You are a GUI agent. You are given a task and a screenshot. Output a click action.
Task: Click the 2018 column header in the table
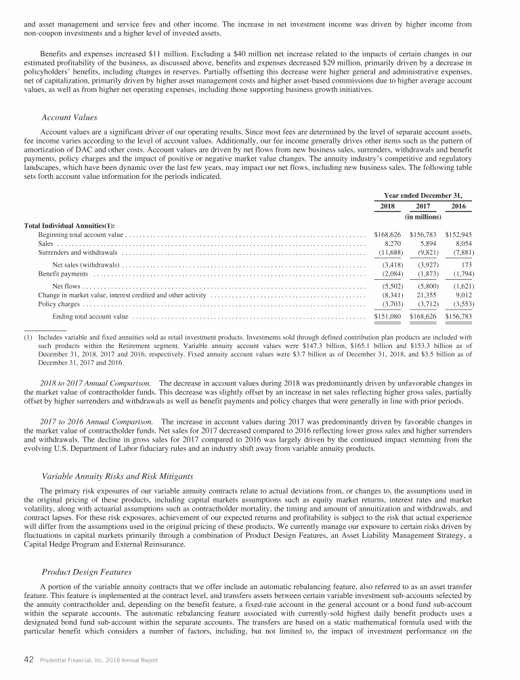pyautogui.click(x=387, y=206)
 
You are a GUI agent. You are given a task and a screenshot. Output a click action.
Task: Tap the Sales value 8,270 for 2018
pyautogui.click(x=389, y=242)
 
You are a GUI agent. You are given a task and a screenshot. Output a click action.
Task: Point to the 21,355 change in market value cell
pyautogui.click(x=426, y=295)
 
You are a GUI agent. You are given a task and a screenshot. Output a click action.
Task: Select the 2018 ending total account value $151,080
pyautogui.click(x=388, y=316)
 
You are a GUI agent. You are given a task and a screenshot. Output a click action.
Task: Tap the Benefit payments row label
pyautogui.click(x=63, y=274)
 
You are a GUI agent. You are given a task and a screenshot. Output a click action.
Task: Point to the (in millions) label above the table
pyautogui.click(x=423, y=217)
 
